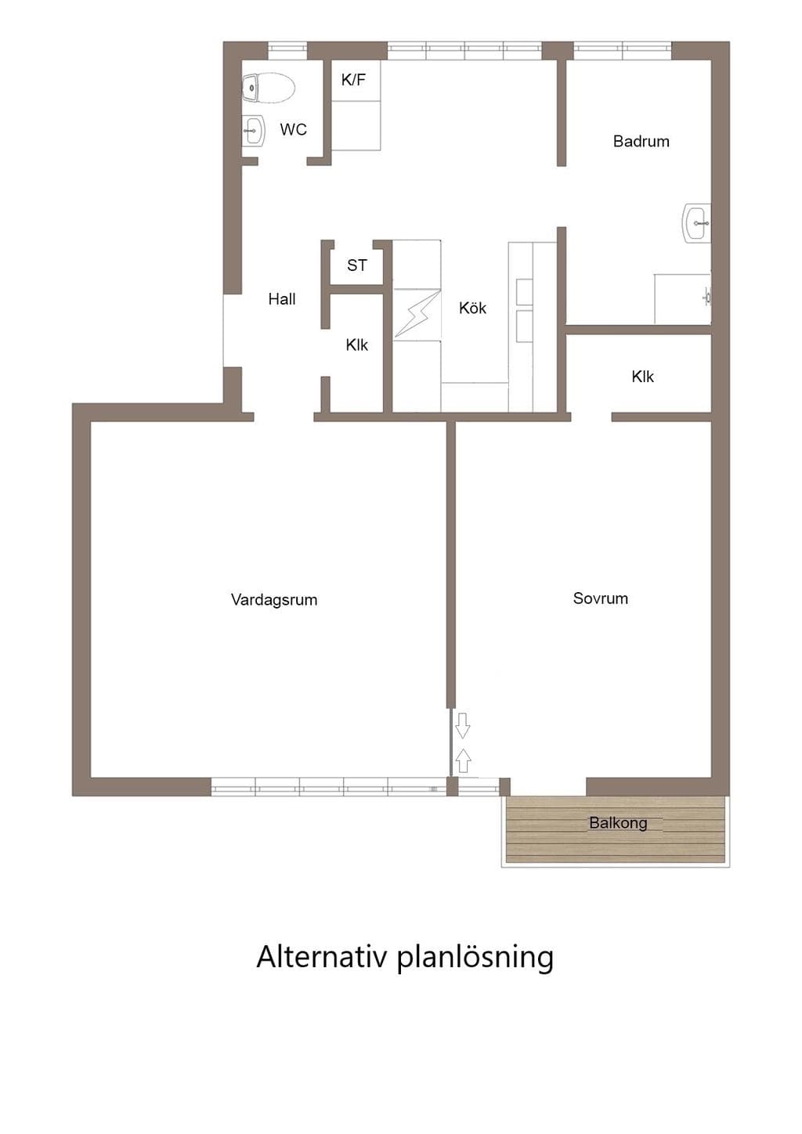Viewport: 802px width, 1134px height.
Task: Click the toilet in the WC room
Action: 269,88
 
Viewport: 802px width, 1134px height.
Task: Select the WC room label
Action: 293,129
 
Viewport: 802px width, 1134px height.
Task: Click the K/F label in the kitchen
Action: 353,79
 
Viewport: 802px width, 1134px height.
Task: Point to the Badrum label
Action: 641,141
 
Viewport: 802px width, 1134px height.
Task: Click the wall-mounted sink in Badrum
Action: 697,222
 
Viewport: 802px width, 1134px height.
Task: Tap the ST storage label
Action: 357,265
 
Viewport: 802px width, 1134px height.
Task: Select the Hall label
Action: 281,298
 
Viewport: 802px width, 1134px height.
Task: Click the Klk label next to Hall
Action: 357,345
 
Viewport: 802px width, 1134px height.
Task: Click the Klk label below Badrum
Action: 642,376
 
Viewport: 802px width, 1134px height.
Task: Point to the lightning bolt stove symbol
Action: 417,315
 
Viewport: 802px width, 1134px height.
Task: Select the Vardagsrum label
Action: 274,599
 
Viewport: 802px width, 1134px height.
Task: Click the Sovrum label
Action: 601,598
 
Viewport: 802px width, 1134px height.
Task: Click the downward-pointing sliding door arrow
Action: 463,725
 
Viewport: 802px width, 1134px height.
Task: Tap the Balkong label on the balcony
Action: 618,822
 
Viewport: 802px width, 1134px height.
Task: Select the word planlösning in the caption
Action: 475,959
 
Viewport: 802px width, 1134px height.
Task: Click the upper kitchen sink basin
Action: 525,292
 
